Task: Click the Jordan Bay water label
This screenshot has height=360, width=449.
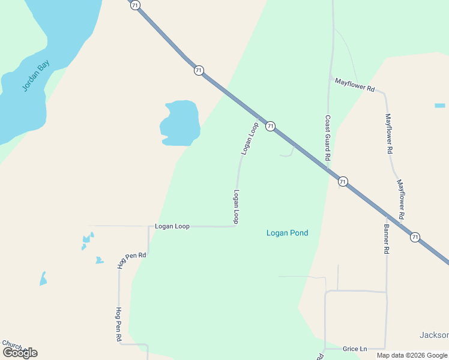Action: (37, 76)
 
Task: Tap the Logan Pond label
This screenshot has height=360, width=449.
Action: (287, 233)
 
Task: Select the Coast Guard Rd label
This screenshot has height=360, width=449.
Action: (328, 137)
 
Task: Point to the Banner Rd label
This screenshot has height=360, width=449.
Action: (387, 239)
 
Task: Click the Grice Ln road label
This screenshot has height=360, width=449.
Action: (355, 349)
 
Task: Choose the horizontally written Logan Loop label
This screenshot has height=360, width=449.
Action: (172, 226)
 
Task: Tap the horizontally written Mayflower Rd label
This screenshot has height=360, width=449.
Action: (355, 85)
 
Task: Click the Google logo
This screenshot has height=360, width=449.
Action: (20, 353)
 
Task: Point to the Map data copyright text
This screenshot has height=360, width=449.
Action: (412, 355)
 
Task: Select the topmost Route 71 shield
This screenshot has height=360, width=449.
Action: (135, 5)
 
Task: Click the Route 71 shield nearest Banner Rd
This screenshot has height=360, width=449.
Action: (415, 238)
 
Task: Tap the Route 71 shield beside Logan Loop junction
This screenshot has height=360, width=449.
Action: (271, 126)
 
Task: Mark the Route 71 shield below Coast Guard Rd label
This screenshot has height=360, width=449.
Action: (343, 181)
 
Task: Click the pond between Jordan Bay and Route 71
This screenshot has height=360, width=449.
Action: (180, 122)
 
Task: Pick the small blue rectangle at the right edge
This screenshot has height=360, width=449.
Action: (440, 106)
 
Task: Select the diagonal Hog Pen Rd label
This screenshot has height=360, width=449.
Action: (132, 260)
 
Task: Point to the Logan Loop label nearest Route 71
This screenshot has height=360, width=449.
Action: (250, 139)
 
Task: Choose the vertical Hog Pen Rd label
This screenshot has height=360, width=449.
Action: (118, 325)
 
